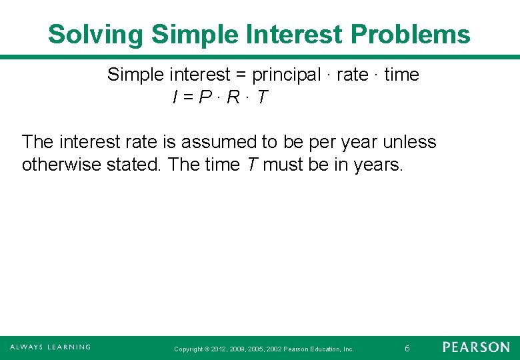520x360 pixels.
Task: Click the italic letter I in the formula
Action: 175,98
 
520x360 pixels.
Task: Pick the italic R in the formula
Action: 232,98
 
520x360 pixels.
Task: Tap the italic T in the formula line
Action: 261,98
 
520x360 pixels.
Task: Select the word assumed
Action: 218,143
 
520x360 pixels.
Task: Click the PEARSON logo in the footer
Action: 476,347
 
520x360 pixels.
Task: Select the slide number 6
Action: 407,348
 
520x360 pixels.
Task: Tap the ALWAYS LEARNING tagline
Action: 50,347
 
